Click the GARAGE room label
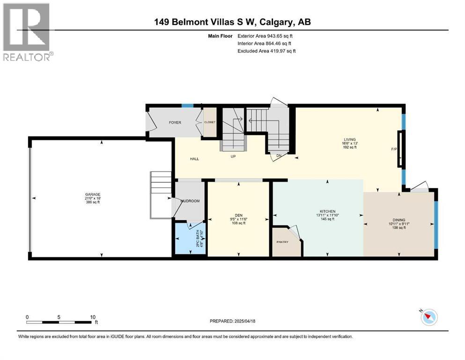coord(92,195)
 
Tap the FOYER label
coord(175,122)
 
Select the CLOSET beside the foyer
coord(209,122)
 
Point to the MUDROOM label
coord(190,201)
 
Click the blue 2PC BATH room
coord(190,239)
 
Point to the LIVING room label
coord(349,139)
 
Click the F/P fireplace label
coord(393,150)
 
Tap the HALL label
coord(194,159)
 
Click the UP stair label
coord(232,156)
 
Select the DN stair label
coord(279,156)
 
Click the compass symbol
coord(428,317)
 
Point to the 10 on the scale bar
coord(93,317)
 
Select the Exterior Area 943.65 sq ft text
coord(266,36)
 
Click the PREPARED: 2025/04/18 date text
coord(233,321)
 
